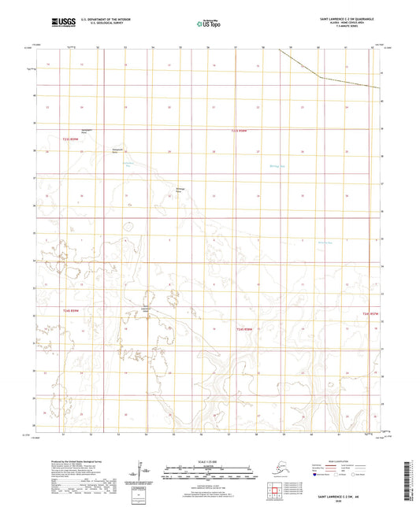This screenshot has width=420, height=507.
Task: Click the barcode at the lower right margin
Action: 413,472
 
